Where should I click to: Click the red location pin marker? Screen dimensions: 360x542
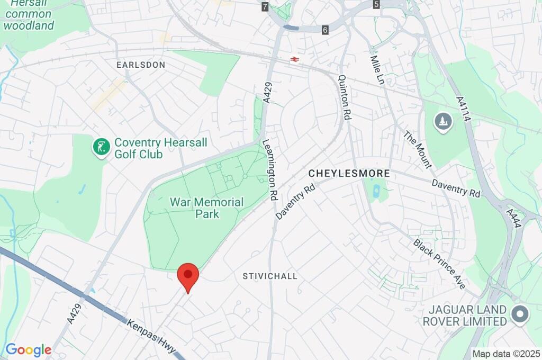coord(187,275)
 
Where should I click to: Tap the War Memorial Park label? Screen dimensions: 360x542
coord(206,208)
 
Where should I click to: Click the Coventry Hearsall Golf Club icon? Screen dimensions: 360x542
coord(100,147)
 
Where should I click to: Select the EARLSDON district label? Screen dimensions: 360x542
coord(141,65)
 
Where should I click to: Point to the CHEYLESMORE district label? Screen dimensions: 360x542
coord(349,173)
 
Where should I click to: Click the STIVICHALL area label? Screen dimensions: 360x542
coord(270,276)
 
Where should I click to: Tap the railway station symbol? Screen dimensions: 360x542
coord(294,60)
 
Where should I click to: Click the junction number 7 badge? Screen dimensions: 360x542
coord(265,7)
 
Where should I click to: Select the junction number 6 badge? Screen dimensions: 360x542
coord(325,30)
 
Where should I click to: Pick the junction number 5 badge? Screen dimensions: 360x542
coord(376,5)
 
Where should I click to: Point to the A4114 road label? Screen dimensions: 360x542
coord(463,108)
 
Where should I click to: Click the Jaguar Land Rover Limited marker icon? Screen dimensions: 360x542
coord(520,315)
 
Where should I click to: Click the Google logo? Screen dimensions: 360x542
coord(28,350)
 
